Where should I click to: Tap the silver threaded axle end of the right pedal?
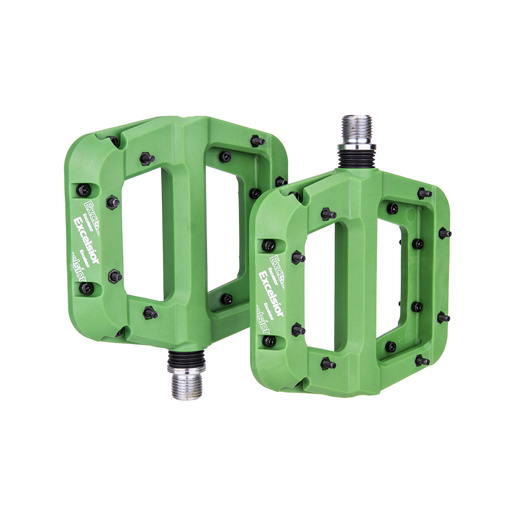pos(356,130)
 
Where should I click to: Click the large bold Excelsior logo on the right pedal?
pos(271,291)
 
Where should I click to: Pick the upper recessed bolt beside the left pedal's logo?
pos(83,191)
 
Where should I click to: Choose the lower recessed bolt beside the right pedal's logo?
pos(269,340)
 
